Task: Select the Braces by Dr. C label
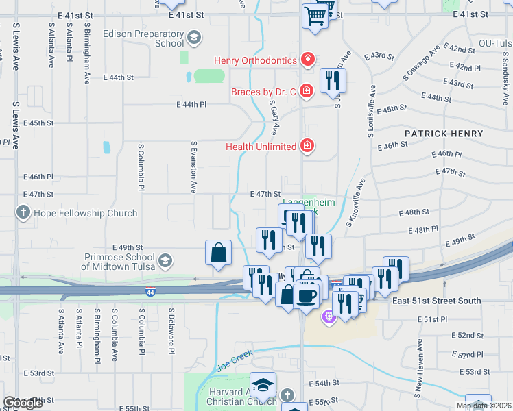264,91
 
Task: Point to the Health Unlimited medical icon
309,146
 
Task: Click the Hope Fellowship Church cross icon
25,212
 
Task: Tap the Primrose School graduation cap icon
165,260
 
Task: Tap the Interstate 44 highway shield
150,292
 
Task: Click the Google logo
23,403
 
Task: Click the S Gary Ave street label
274,116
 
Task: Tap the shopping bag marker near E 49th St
218,252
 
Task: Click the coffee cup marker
306,295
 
